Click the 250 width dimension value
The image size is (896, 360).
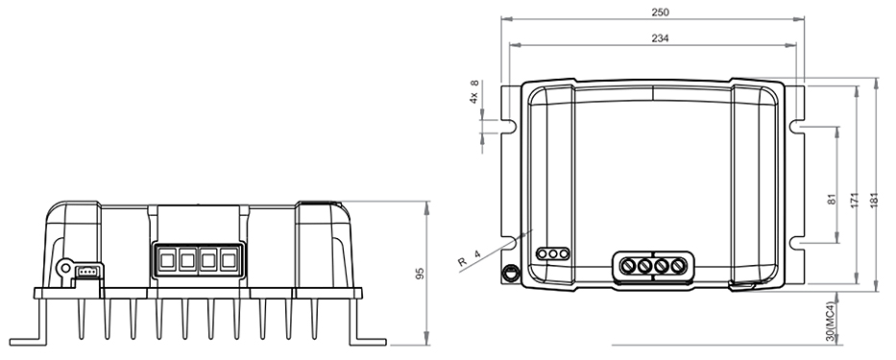(x=660, y=12)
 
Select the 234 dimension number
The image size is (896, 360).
(x=660, y=38)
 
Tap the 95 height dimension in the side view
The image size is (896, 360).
(x=420, y=274)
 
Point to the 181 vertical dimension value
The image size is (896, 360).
(x=874, y=200)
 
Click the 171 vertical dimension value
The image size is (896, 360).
(x=855, y=200)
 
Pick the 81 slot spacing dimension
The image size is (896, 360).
(x=832, y=199)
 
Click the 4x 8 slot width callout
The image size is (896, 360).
(x=473, y=92)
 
